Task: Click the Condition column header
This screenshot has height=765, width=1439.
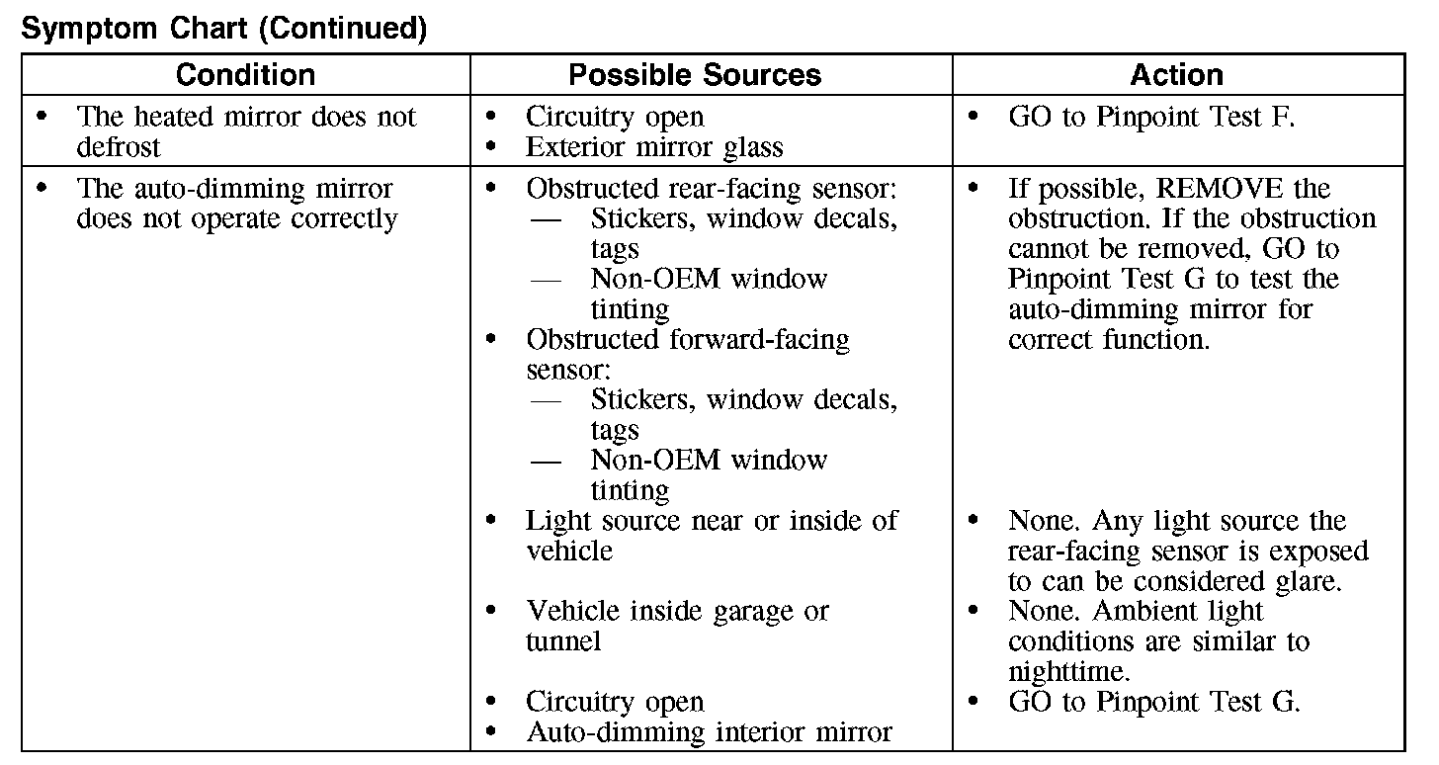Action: pyautogui.click(x=245, y=75)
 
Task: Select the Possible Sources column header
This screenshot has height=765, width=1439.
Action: pyautogui.click(x=695, y=75)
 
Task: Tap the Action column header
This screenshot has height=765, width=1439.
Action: pyautogui.click(x=1176, y=75)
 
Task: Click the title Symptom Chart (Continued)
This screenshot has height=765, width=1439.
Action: pyautogui.click(x=223, y=29)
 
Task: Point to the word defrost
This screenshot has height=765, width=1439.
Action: pyautogui.click(x=119, y=147)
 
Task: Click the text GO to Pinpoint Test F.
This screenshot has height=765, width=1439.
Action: pyautogui.click(x=1150, y=117)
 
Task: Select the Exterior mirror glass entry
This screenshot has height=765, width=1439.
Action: pyautogui.click(x=654, y=147)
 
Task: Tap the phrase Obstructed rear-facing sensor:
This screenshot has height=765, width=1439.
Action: pyautogui.click(x=711, y=188)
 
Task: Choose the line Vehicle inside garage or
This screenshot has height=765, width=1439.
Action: pyautogui.click(x=677, y=611)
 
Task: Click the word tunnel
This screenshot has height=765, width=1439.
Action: pyautogui.click(x=563, y=641)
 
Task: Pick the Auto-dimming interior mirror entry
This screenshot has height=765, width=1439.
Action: pyautogui.click(x=709, y=732)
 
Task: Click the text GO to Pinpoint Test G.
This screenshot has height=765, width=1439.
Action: pyautogui.click(x=1153, y=702)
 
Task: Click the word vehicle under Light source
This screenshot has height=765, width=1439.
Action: pyautogui.click(x=569, y=551)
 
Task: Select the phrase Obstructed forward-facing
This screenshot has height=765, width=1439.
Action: pyautogui.click(x=687, y=339)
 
